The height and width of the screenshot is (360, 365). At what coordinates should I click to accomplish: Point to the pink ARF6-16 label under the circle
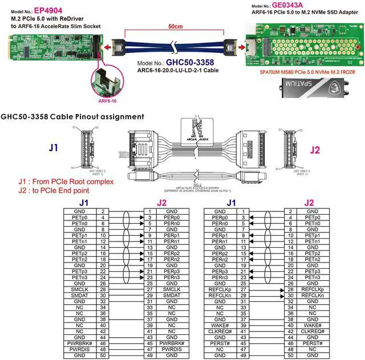(x=108, y=100)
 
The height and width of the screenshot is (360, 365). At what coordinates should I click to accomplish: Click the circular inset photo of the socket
(x=108, y=79)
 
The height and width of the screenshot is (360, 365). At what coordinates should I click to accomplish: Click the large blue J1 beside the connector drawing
(x=53, y=148)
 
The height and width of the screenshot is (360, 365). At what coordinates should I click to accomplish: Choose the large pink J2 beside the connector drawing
(x=315, y=150)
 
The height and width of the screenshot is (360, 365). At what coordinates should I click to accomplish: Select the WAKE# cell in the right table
(x=220, y=325)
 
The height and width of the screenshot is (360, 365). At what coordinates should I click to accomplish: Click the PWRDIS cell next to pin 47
(x=79, y=349)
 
